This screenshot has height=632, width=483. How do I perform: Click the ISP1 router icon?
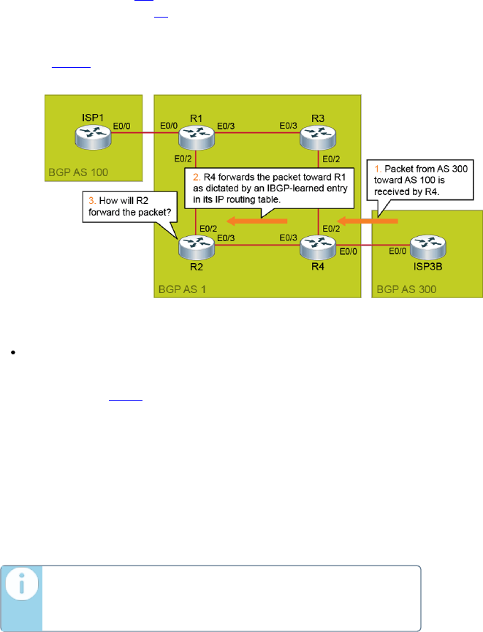90,135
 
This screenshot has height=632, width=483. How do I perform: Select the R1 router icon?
195,135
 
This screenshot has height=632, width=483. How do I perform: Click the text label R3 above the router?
318,118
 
